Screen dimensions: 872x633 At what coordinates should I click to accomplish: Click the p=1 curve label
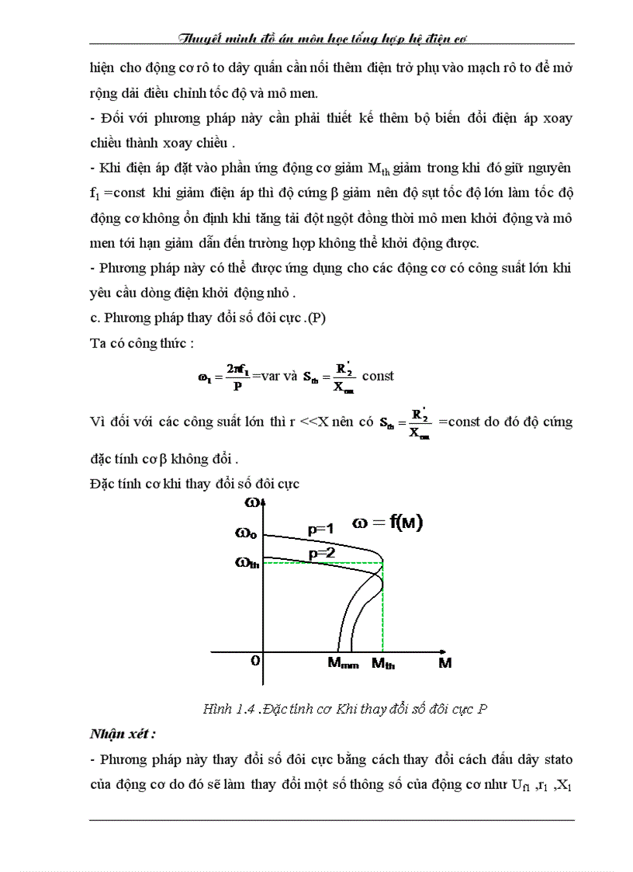(x=320, y=530)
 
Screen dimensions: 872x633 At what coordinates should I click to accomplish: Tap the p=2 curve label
(x=320, y=553)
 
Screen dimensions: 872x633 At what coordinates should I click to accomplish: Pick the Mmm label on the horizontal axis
(x=343, y=664)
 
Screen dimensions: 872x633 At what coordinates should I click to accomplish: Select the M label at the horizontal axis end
(x=444, y=663)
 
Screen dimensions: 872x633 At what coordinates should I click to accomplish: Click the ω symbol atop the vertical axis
(x=252, y=502)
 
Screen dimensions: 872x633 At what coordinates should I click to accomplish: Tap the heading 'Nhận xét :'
(x=122, y=733)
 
